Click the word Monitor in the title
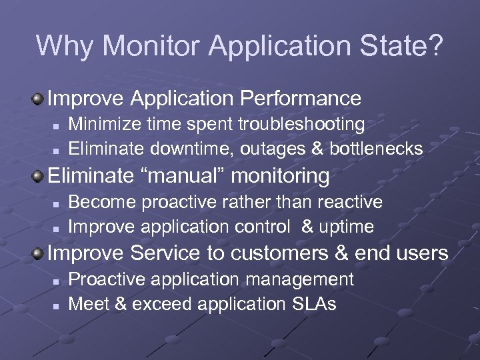[151, 45]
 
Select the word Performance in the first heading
[300, 99]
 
